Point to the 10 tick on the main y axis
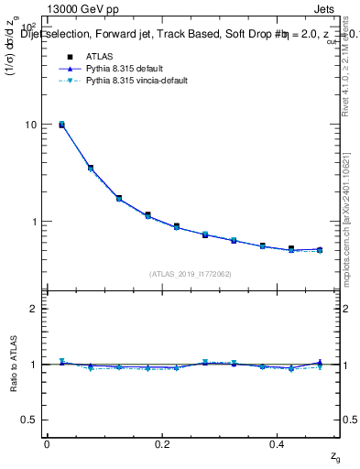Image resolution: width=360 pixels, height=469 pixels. [x=32, y=125]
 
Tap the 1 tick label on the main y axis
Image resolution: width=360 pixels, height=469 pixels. [x=34, y=222]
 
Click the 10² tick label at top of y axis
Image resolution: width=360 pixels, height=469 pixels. [x=29, y=27]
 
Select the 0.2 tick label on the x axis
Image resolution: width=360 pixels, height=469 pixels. [x=161, y=443]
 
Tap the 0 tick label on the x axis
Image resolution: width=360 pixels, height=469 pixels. [x=47, y=443]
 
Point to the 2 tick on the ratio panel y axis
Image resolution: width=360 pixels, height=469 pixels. [x=34, y=309]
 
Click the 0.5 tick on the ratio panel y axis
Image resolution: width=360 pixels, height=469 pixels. [x=30, y=420]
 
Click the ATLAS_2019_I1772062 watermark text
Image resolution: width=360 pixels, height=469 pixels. [x=190, y=274]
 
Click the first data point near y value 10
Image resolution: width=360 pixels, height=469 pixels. [x=61, y=125]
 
